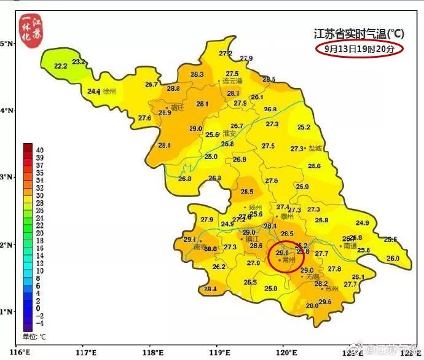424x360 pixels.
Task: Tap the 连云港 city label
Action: (x=232, y=81)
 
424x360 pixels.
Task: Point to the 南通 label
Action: (x=350, y=246)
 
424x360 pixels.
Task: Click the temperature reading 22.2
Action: (x=61, y=66)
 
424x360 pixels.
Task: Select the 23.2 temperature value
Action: (x=79, y=61)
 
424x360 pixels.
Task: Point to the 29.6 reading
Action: (x=325, y=301)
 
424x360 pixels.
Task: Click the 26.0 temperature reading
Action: (x=393, y=259)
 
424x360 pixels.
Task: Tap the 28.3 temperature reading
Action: (x=197, y=74)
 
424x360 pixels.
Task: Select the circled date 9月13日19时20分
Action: (x=359, y=49)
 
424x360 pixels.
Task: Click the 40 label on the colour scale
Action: (x=39, y=149)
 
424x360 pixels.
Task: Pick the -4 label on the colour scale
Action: (x=39, y=323)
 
